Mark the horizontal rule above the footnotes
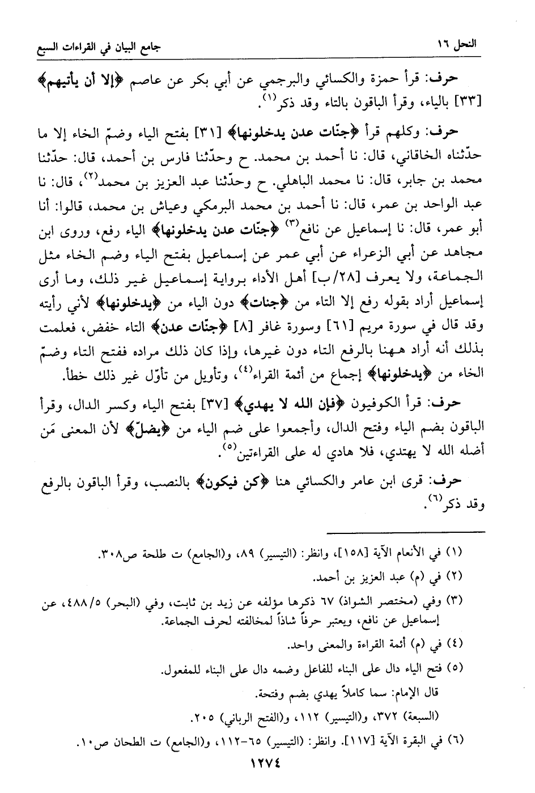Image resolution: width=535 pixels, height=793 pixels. tap(406, 531)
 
